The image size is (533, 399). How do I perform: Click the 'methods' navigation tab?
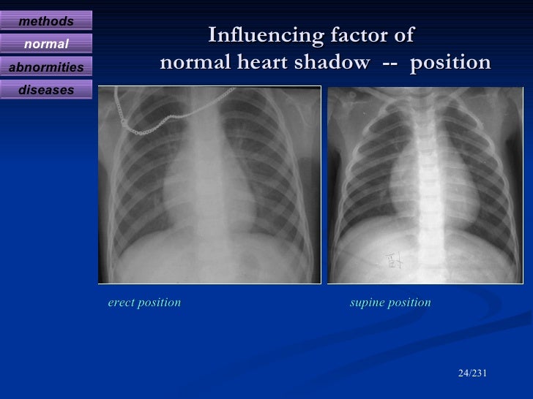click(46, 21)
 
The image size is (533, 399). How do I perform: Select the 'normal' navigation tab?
click(46, 45)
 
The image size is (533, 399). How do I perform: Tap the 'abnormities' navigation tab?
click(46, 68)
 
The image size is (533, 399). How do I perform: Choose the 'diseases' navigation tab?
click(46, 91)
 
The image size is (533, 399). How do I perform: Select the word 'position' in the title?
click(450, 64)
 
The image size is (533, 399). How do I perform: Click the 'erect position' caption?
click(144, 303)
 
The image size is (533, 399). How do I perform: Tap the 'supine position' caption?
click(391, 303)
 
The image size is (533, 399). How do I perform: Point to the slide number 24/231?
click(472, 373)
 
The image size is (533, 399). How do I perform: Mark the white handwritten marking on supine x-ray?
click(394, 260)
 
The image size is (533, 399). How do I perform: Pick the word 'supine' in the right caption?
click(368, 303)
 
